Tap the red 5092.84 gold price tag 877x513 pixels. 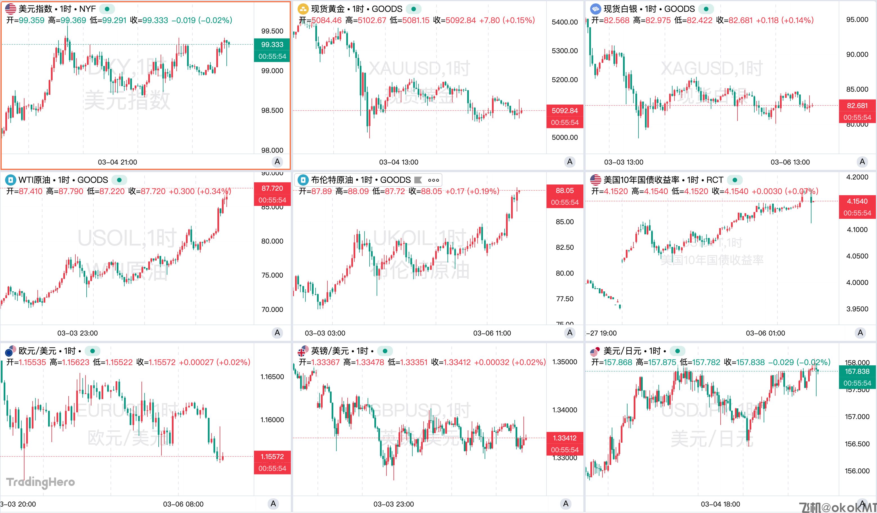564,111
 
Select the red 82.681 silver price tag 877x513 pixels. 857,105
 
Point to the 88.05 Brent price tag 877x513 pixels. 564,190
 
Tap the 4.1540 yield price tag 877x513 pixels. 857,201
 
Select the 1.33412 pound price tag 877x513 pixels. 564,438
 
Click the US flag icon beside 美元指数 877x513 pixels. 10,9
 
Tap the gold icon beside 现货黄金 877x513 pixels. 303,9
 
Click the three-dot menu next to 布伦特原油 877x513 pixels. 433,180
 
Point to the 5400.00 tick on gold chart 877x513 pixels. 564,22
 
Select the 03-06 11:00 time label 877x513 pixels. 492,333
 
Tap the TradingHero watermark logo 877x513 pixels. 41,482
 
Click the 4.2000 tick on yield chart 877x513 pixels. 857,177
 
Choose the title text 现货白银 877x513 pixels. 620,9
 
